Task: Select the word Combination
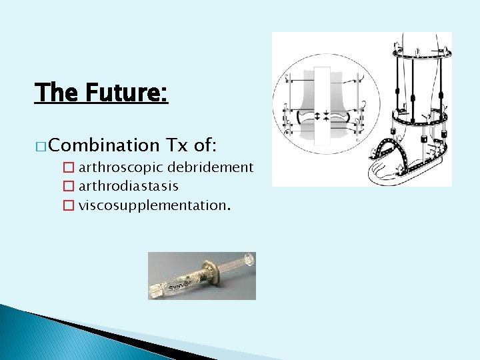(103, 145)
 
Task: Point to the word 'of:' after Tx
(207, 145)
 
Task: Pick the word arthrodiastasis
(128, 185)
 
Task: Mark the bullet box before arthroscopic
(69, 167)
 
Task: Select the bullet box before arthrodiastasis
(69, 185)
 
